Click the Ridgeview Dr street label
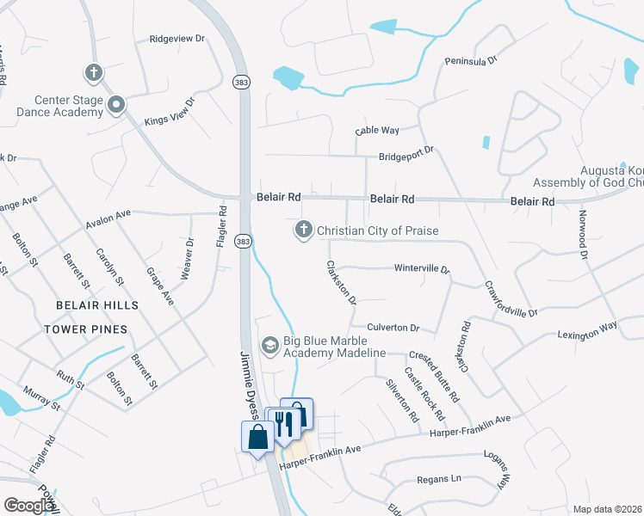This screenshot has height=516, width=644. (x=177, y=39)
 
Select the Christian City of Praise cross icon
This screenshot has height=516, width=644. (x=303, y=230)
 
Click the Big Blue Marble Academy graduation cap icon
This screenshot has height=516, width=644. (x=270, y=346)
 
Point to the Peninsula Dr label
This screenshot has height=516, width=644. (x=471, y=61)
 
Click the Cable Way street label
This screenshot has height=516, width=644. (x=377, y=131)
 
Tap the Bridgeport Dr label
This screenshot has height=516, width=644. (x=406, y=157)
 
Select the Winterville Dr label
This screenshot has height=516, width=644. (x=422, y=268)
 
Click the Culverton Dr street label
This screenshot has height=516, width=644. (x=393, y=328)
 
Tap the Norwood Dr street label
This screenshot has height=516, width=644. (x=583, y=235)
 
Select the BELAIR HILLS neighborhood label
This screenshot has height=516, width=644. (x=97, y=306)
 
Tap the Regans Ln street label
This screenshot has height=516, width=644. (x=439, y=478)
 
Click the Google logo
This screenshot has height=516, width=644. (x=28, y=506)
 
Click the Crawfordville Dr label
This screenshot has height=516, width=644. (x=511, y=298)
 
